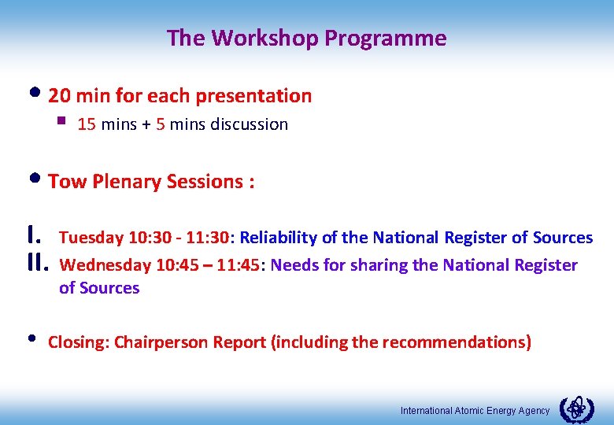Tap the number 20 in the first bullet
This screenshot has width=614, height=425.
click(x=60, y=96)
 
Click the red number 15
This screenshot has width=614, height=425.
click(x=87, y=124)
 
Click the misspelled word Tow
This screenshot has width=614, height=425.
click(x=68, y=182)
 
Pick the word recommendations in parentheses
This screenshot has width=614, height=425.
click(x=469, y=342)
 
